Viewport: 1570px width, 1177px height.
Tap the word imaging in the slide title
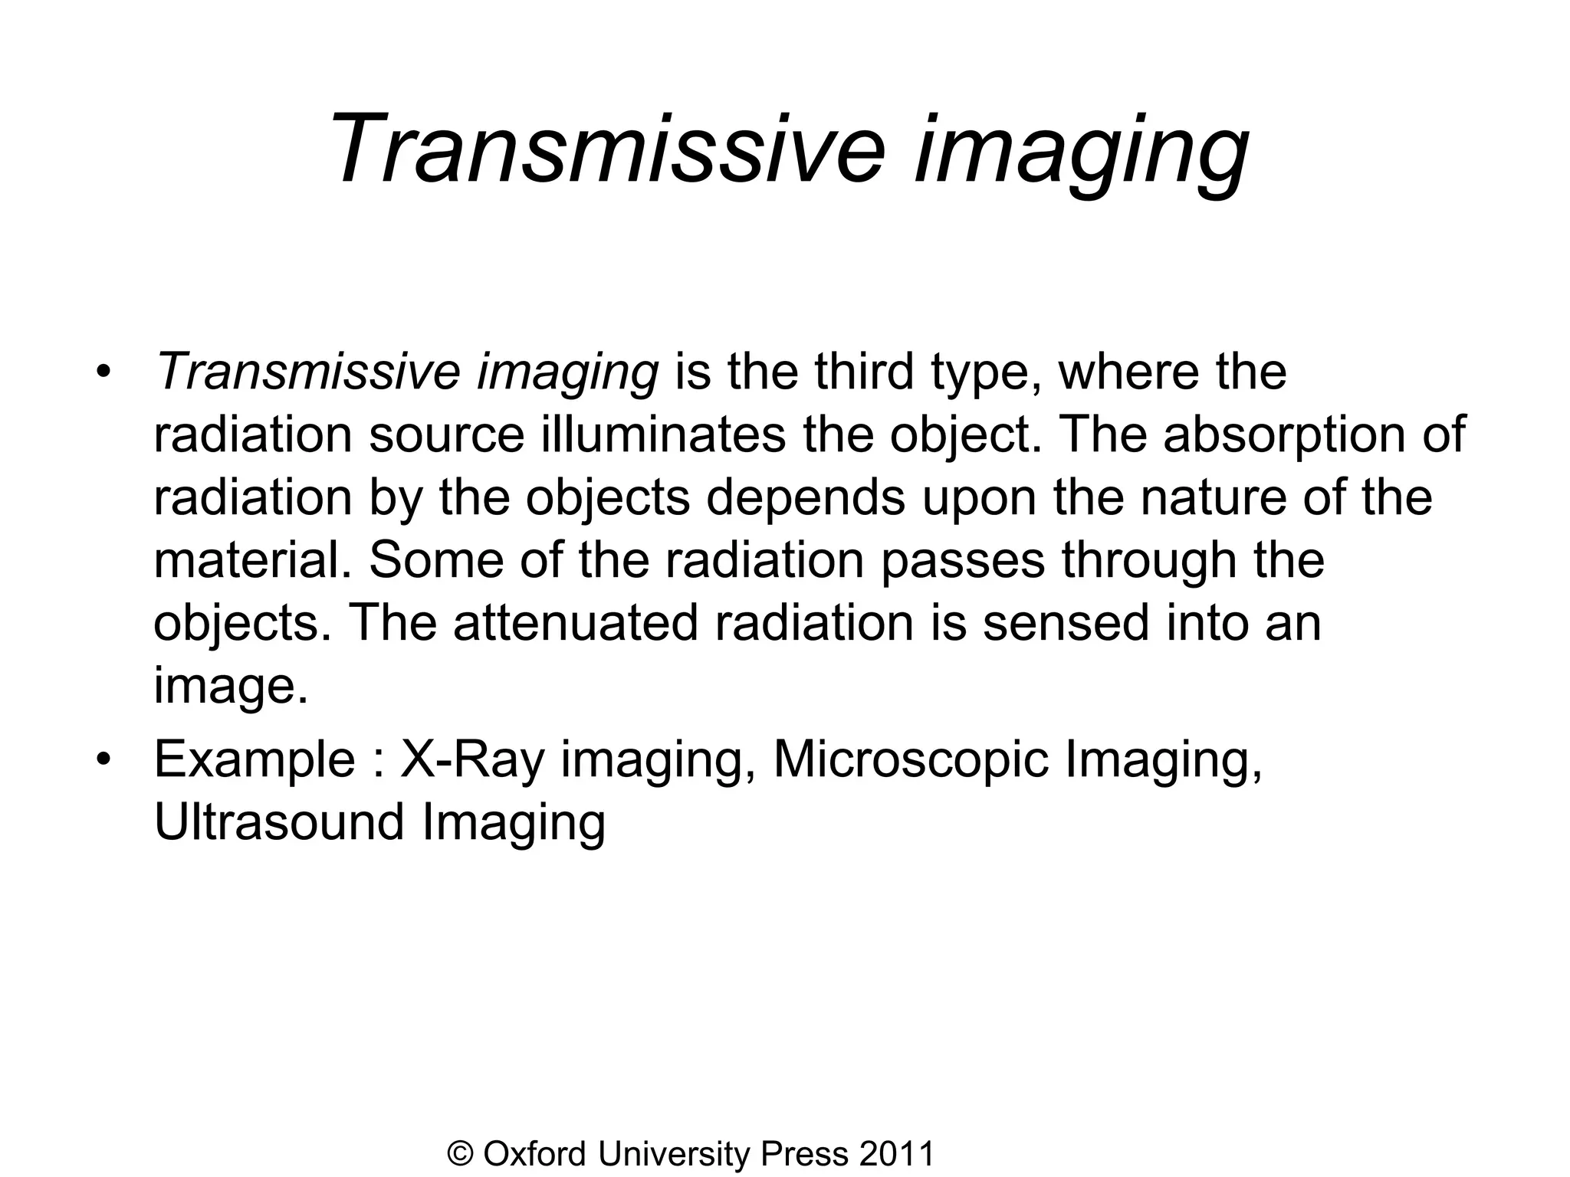coord(1081,149)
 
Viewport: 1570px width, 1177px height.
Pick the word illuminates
coord(665,434)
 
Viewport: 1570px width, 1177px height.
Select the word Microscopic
coord(911,761)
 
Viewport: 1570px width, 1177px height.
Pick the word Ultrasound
coord(279,822)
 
